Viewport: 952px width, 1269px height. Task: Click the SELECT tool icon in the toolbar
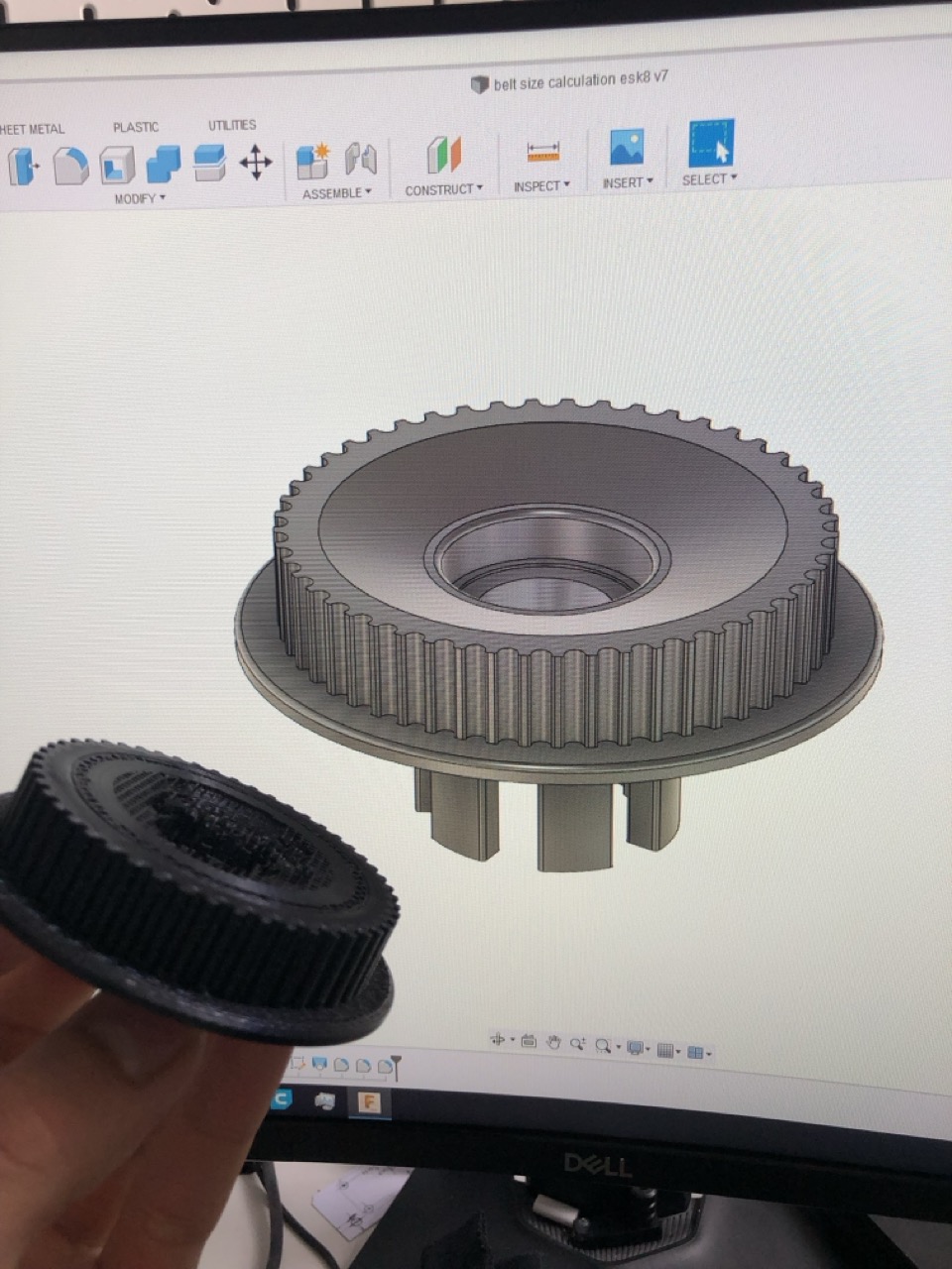coord(710,144)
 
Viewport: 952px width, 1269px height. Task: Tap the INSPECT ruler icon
coord(542,152)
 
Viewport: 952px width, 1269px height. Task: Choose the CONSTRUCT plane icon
coord(444,155)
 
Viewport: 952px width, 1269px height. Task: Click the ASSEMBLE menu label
coord(336,193)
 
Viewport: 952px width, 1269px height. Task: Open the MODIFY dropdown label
coord(139,199)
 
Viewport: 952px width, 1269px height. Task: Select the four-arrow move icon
coord(256,163)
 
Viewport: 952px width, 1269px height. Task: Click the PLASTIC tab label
coord(136,128)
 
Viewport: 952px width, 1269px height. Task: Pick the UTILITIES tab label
coord(232,125)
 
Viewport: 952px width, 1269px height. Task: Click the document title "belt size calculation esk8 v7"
coord(581,81)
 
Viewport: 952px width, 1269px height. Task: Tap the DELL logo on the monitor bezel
coord(597,1164)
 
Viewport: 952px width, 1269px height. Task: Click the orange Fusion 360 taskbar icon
coord(369,1101)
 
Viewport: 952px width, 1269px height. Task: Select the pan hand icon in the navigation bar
coord(553,1042)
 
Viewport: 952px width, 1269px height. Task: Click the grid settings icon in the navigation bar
coord(665,1050)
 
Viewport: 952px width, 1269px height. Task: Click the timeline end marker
coord(396,1067)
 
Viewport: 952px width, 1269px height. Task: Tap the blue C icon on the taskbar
coord(282,1097)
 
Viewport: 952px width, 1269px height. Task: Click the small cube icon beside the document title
coord(480,85)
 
